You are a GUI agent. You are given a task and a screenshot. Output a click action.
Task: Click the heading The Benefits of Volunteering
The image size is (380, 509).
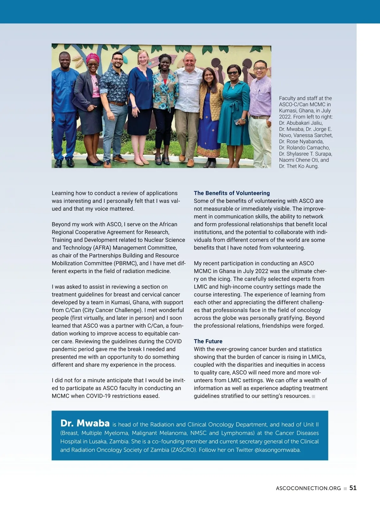(232, 193)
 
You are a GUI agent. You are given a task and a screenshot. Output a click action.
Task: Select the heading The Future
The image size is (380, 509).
(208, 341)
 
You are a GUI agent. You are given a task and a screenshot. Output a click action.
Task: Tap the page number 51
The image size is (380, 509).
(353, 488)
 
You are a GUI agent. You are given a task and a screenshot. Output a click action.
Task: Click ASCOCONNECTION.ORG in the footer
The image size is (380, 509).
(308, 488)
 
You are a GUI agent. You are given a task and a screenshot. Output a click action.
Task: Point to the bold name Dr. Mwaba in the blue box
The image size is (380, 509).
(85, 423)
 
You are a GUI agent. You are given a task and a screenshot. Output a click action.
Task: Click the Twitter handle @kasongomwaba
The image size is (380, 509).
(277, 450)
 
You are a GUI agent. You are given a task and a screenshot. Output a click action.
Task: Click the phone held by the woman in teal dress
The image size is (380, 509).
(237, 121)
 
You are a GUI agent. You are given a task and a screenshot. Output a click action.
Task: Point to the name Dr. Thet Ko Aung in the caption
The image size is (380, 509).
(299, 166)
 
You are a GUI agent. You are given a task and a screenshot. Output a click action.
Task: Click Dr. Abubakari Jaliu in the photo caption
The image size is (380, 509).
(301, 123)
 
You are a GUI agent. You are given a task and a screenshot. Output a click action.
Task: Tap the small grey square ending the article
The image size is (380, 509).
(313, 396)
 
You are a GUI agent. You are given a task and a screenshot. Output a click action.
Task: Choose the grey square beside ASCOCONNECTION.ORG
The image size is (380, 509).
(345, 488)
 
